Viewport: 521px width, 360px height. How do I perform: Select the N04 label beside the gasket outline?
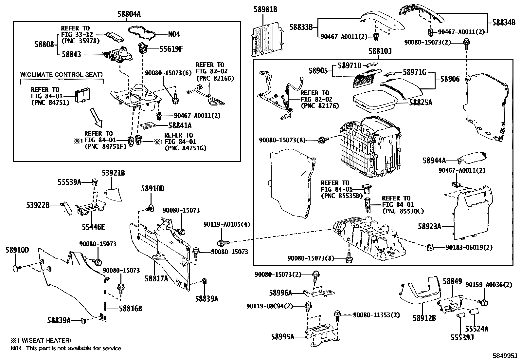click(x=174, y=34)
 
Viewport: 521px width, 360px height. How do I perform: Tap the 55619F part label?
click(x=171, y=49)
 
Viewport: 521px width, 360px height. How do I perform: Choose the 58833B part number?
click(x=301, y=27)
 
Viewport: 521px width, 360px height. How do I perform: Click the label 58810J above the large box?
click(x=380, y=51)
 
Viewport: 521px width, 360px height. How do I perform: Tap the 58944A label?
click(x=434, y=161)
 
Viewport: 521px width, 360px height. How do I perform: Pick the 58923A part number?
click(x=429, y=226)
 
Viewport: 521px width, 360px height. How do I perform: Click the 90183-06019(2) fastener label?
click(x=469, y=248)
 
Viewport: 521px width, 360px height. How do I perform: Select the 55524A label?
click(x=477, y=329)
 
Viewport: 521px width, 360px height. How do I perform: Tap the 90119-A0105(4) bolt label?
click(x=226, y=225)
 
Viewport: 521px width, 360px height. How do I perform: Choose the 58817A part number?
click(x=157, y=278)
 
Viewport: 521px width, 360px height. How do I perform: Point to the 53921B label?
click(x=113, y=173)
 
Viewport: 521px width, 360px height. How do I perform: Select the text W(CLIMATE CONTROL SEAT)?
click(x=62, y=75)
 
